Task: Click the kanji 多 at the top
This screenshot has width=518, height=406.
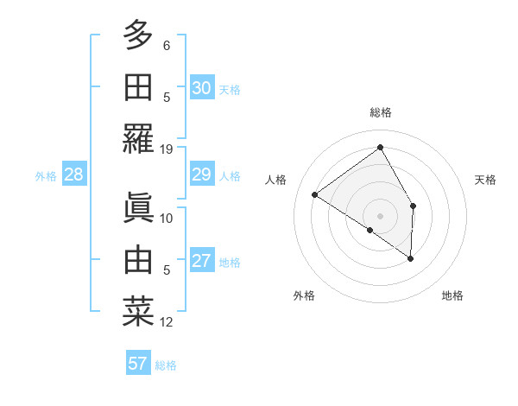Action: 138,35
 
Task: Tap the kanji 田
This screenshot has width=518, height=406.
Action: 138,86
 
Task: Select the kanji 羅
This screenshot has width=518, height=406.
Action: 138,137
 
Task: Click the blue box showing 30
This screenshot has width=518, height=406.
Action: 202,88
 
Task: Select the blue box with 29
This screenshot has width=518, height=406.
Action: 202,175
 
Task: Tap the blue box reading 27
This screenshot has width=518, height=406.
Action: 202,262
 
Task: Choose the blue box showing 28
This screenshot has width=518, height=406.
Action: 74,175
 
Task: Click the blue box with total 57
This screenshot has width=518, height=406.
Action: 138,364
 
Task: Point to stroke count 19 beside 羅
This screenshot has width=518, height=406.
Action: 167,149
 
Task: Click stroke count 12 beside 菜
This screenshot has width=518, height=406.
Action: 167,322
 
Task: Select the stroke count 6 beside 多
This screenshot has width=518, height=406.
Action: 167,46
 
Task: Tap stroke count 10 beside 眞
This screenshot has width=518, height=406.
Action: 167,218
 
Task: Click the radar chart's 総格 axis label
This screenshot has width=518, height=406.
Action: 380,112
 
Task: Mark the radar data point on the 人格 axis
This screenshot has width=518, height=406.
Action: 315,194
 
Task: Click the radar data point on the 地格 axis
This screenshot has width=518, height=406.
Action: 411,258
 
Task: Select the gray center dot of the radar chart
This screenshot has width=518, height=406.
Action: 380,215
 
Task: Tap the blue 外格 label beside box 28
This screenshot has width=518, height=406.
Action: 46,176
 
